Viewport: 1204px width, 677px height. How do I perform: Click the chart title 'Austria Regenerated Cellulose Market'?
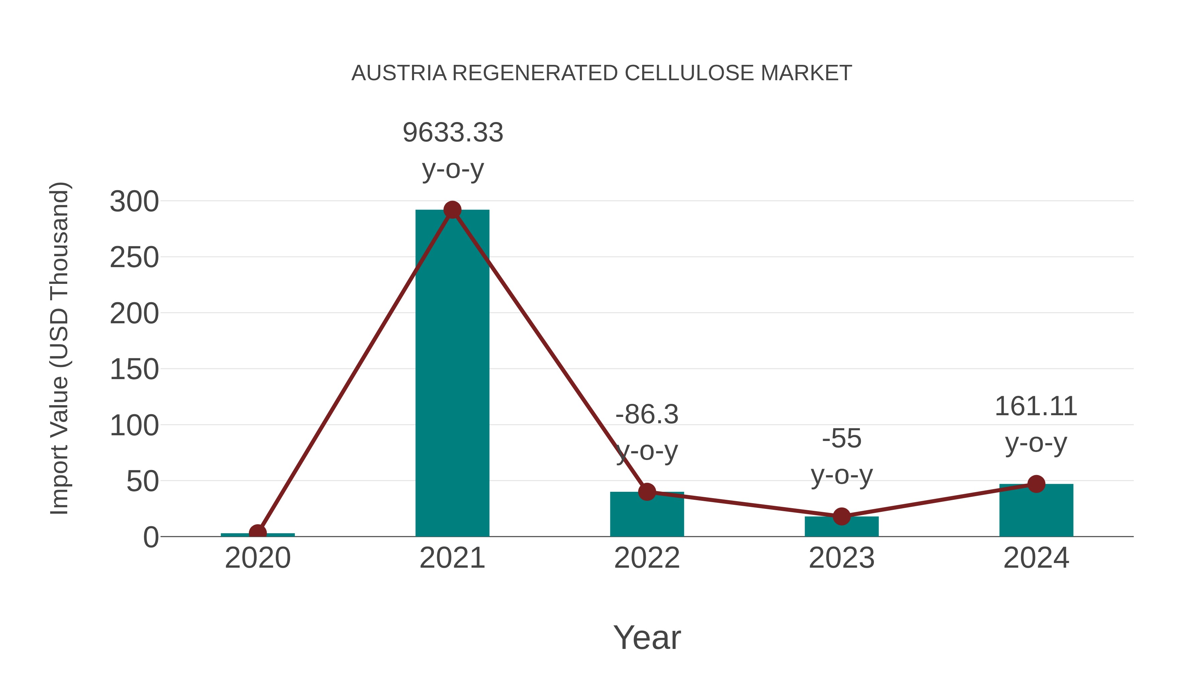click(x=602, y=73)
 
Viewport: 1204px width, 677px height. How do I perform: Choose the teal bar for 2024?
click(x=1036, y=512)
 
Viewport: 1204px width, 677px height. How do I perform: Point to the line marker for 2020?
click(x=258, y=533)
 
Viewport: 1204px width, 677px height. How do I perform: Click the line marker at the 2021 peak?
click(x=452, y=210)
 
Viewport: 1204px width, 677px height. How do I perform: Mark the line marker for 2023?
click(x=841, y=516)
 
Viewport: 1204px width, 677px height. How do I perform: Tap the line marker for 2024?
click(x=1036, y=484)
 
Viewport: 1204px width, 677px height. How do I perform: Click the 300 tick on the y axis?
click(x=134, y=202)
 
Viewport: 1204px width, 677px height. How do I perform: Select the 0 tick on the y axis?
click(x=150, y=537)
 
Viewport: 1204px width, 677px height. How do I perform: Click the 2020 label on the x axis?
click(x=258, y=558)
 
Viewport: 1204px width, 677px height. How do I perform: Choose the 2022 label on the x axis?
click(x=647, y=558)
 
